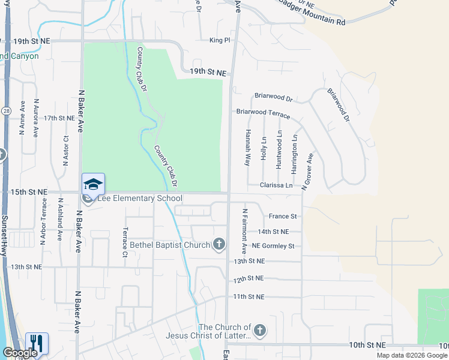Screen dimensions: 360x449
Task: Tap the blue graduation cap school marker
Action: pos(93,184)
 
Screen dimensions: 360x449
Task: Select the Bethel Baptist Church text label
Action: pos(170,245)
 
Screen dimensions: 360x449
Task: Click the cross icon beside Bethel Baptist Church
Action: pos(220,244)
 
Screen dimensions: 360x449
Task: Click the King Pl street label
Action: pos(220,40)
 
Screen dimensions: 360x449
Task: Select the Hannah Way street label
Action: pos(247,148)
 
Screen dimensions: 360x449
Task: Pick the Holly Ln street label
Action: pos(264,148)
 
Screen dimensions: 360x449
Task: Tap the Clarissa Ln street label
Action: pos(276,185)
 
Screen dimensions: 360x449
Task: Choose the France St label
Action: pos(283,216)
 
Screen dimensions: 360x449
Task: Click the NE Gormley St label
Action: pos(273,246)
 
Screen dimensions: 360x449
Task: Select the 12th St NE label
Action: pos(249,279)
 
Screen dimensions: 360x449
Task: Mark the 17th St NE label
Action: pos(59,118)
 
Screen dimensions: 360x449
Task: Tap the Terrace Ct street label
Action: pos(125,242)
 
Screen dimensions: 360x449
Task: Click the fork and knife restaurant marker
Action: pos(37,343)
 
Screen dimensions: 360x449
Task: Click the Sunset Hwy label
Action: pos(5,236)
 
